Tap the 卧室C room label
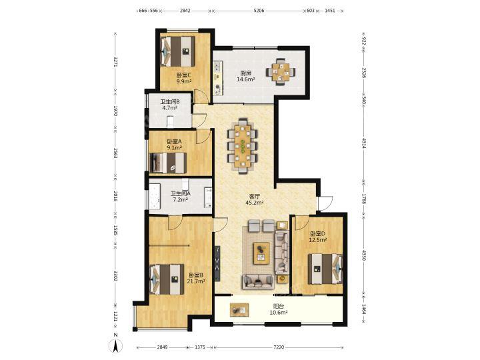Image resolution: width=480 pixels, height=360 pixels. tap(184, 75)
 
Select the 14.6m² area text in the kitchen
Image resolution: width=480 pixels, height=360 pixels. tap(246, 79)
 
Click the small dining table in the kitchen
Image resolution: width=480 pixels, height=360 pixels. tap(281, 71)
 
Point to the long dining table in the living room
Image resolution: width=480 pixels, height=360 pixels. tap(243, 147)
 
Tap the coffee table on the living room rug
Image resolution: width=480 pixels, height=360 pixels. tap(261, 253)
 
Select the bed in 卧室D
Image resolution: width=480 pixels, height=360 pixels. tap(325, 269)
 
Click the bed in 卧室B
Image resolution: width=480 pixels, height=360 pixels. tap(167, 279)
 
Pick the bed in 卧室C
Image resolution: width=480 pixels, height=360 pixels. tap(178, 51)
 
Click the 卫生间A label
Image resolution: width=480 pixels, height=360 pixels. tap(181, 194)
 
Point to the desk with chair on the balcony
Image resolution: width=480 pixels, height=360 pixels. tap(239, 309)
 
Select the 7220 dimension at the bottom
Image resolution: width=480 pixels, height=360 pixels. tap(279, 347)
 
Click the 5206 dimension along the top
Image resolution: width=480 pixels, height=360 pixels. tap(259, 11)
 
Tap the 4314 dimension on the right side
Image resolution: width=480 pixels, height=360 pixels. tap(364, 143)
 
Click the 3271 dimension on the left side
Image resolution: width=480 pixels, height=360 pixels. tap(115, 61)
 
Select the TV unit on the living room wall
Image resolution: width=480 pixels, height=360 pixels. tap(217, 263)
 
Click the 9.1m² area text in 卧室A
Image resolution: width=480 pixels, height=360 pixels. tap(174, 147)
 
